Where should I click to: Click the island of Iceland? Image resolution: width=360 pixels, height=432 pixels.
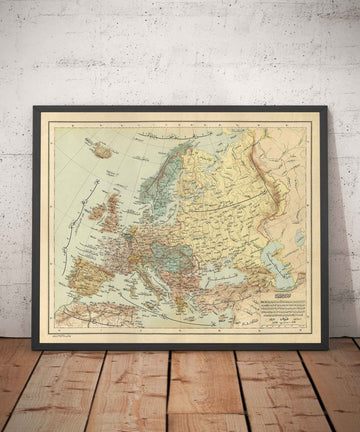(100, 151)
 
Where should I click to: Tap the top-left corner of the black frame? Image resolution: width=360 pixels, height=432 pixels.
(33, 107)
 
